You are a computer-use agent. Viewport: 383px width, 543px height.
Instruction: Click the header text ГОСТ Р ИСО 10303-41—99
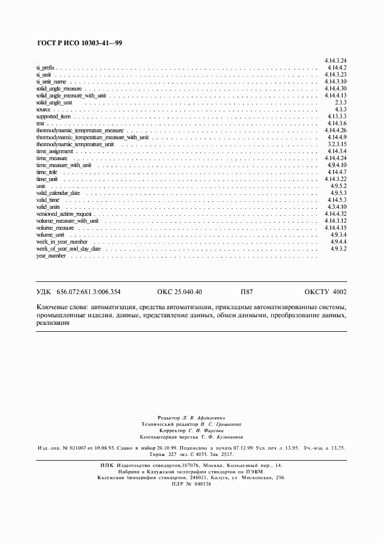79,44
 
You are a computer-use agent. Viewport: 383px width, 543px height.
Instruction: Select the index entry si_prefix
45,68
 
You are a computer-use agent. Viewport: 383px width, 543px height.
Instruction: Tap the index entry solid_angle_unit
54,103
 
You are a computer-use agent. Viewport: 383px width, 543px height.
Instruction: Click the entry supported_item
53,117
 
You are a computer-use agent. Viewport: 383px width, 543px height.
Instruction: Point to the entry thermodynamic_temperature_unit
75,144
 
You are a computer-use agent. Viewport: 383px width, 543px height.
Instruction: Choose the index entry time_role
46,172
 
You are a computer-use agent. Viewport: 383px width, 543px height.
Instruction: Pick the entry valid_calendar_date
58,193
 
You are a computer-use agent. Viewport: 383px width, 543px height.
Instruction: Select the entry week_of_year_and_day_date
68,248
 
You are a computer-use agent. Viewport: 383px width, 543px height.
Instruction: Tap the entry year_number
51,255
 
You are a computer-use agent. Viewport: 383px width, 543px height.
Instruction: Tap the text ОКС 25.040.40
180,292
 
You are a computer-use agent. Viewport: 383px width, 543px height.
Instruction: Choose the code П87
247,292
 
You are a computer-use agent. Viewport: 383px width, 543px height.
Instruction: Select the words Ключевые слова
59,306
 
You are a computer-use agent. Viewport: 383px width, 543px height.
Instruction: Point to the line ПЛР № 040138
192,484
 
